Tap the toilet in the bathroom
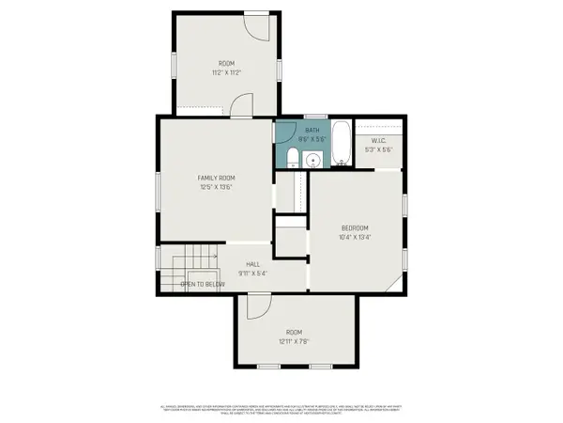292,157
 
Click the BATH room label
312,131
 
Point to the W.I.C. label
379,141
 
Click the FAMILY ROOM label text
215,178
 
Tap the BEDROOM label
355,227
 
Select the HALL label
253,264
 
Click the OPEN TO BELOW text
202,283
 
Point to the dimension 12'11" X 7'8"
295,340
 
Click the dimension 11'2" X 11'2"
225,71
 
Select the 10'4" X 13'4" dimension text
355,237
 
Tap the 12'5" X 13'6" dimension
215,187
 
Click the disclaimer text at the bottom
281,411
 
